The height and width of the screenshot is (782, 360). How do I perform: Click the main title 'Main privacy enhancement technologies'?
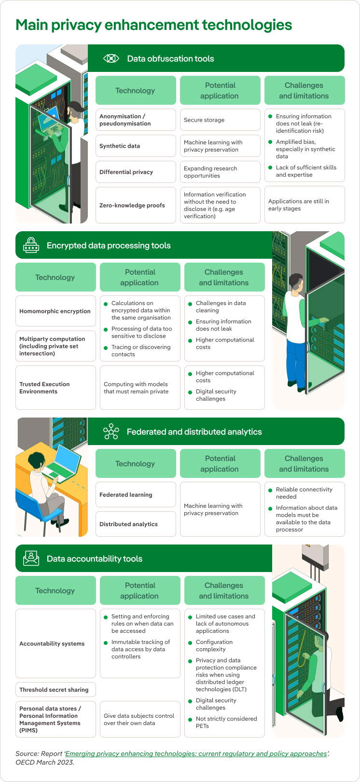(153, 25)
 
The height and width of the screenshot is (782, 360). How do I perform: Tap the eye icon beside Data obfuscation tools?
(111, 58)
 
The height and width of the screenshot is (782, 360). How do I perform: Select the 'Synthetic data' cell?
(136, 146)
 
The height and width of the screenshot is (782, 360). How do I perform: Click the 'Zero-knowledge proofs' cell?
(136, 205)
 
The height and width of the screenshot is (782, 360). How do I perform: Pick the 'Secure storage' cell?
(220, 120)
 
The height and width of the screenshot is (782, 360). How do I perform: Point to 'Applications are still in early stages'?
(305, 205)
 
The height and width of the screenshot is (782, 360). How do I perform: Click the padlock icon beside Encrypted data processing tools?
(31, 245)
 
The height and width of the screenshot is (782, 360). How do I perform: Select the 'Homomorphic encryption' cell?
(55, 311)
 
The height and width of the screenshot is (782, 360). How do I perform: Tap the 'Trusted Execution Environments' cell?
(55, 388)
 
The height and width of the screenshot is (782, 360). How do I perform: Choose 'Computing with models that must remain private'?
(140, 388)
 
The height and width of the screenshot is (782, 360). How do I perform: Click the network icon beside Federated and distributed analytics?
(111, 432)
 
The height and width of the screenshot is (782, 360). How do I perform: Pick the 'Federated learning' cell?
(136, 495)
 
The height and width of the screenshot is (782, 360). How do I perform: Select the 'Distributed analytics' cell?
(136, 524)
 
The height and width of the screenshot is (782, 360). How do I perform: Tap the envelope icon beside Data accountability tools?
(31, 559)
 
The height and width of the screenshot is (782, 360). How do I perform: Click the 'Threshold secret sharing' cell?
(55, 690)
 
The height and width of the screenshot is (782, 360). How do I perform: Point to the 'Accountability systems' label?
(52, 643)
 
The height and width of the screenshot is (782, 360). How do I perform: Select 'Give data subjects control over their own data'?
(140, 719)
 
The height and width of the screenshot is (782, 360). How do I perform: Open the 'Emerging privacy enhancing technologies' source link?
(196, 754)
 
